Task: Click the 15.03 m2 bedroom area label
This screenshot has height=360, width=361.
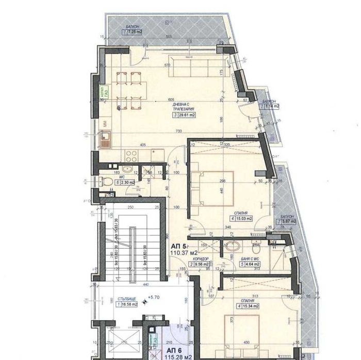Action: [x=242, y=218]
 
